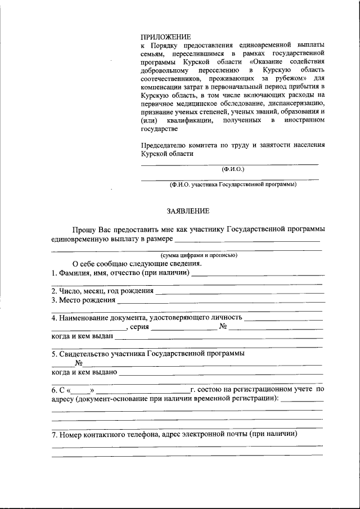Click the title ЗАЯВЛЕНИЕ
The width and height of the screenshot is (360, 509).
(x=188, y=211)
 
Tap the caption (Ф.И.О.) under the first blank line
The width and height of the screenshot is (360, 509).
(x=233, y=169)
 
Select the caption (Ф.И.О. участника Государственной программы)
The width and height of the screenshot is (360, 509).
(x=233, y=184)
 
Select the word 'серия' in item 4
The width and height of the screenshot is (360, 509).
(x=138, y=327)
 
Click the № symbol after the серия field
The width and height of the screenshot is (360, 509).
(x=223, y=327)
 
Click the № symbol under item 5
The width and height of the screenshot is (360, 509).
(x=71, y=363)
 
